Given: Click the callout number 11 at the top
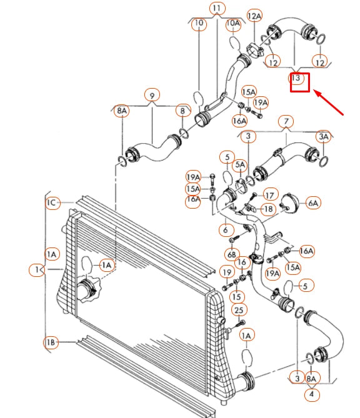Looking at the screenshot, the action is (x=217, y=9).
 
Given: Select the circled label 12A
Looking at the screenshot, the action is (x=254, y=16).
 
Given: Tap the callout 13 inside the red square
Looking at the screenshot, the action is (x=296, y=78).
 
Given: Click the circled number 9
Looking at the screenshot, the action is (x=152, y=96).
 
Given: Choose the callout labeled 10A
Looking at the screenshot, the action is (x=233, y=24).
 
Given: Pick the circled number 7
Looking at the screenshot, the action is (x=286, y=122).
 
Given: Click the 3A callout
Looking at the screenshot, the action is (x=324, y=136).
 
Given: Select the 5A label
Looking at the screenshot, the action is (x=240, y=165).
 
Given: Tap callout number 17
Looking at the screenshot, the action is (x=270, y=196).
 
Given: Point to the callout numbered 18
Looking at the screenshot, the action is (x=268, y=209).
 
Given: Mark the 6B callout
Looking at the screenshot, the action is (x=231, y=255).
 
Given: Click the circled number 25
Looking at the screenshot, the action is (x=239, y=310).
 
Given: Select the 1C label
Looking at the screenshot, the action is (x=52, y=203).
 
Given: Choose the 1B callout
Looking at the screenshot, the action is (x=51, y=342).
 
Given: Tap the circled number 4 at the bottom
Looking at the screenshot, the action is (x=311, y=394).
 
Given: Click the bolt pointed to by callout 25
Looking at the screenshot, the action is (x=239, y=325).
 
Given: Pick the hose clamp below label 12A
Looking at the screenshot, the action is (x=254, y=50).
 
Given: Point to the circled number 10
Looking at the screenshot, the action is (x=199, y=23).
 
